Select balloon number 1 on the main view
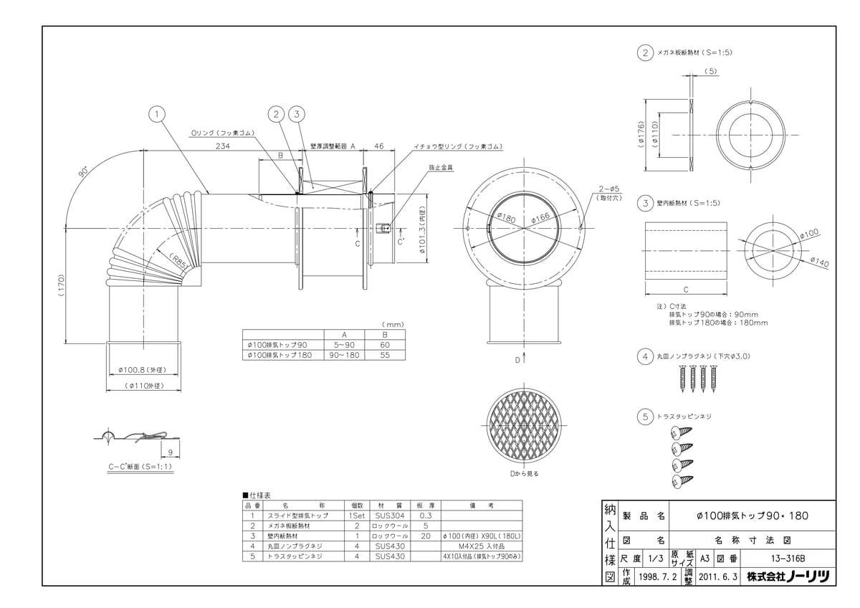pos(158,113)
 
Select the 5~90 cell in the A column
pos(344,344)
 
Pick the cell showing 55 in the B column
pos(385,355)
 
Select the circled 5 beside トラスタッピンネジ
pos(645,415)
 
